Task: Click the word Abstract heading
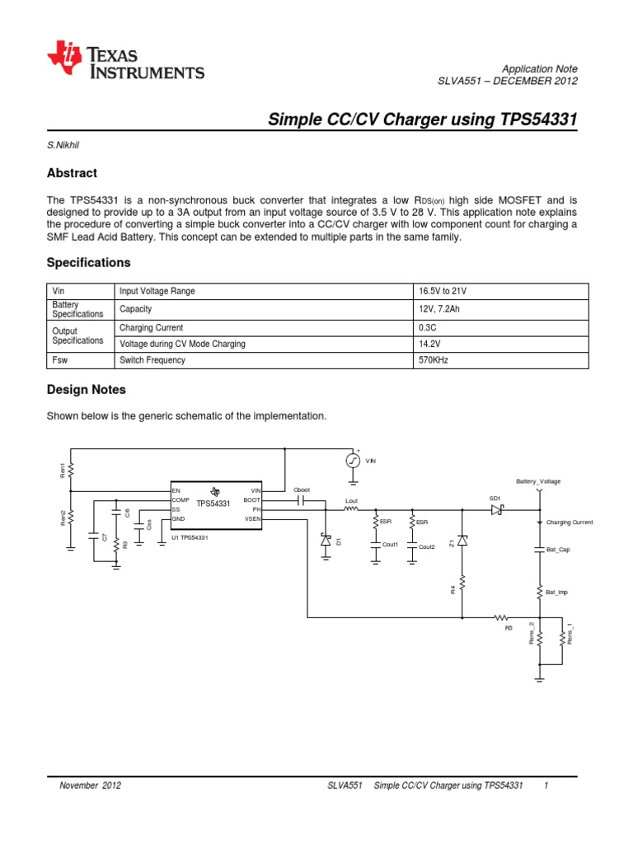72,173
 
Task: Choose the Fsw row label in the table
61,360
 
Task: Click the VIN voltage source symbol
352,461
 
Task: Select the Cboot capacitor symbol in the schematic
300,499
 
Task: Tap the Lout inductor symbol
351,509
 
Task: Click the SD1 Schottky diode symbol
496,509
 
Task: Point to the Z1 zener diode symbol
462,541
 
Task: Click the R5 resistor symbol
500,617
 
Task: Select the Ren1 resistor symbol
72,470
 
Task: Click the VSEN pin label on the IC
252,519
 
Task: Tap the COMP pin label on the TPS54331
181,500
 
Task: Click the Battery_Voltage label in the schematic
538,481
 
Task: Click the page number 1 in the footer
546,785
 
